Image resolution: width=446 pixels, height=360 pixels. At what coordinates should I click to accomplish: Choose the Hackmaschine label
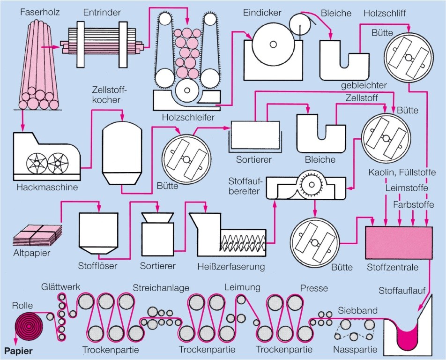[47, 187]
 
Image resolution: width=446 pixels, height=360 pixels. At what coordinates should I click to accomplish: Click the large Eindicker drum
[271, 45]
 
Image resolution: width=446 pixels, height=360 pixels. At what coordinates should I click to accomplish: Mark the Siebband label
[358, 310]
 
